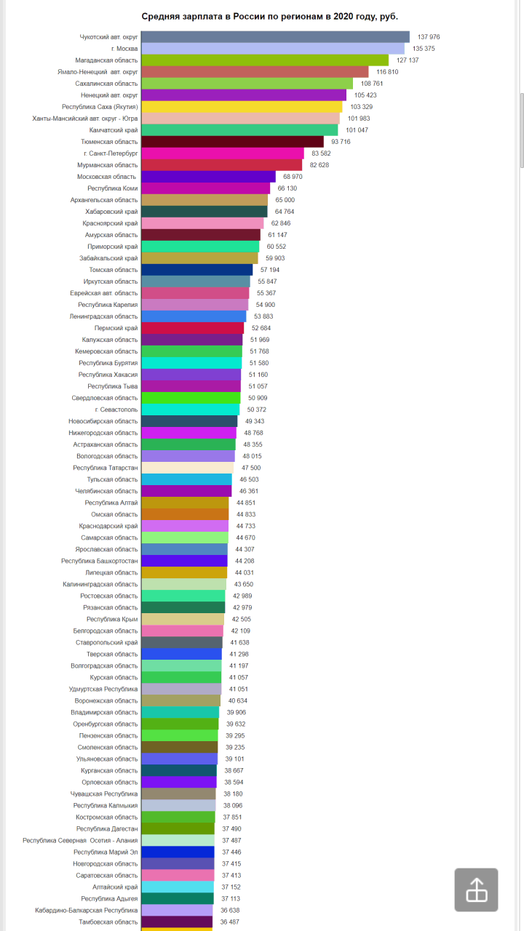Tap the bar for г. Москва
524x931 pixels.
273,49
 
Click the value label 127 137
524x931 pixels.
408,60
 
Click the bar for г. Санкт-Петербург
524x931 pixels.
223,153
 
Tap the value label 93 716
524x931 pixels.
341,142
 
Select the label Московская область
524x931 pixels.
107,177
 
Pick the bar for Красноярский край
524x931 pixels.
202,223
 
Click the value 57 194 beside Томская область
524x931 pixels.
269,270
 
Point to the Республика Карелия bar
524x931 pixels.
194,305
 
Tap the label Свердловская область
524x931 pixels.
104,398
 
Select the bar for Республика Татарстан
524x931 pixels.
187,468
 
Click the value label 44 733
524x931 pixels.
245,526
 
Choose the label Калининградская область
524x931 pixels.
100,584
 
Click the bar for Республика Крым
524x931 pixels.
183,619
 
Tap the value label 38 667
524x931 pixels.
234,770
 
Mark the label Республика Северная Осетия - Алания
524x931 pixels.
80,840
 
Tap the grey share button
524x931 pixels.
476,890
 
